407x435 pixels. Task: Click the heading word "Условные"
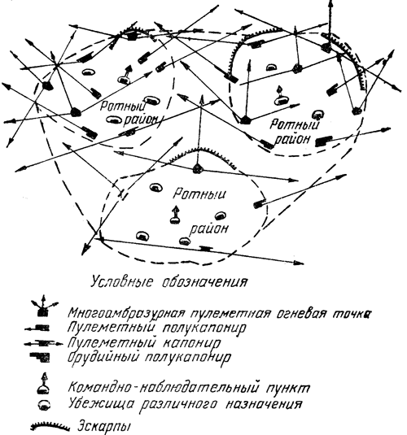[x=122, y=282]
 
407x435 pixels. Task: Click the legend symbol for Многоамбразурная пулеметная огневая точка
[x=44, y=307]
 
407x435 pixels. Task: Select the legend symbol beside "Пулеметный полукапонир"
[x=37, y=328]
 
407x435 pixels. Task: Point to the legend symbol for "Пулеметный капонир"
[x=44, y=344]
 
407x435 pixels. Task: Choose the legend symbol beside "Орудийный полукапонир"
[x=40, y=357]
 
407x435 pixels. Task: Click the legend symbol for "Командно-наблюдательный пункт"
[x=44, y=384]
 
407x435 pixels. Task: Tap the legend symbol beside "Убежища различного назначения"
[x=45, y=405]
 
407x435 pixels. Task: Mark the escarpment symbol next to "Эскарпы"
[x=50, y=426]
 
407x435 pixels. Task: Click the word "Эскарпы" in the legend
[x=104, y=426]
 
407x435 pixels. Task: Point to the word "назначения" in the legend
[x=263, y=404]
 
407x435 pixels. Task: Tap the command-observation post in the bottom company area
[x=175, y=215]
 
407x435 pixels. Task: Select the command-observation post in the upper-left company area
[x=125, y=75]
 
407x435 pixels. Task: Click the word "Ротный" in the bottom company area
[x=199, y=194]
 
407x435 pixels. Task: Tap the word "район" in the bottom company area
[x=209, y=229]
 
